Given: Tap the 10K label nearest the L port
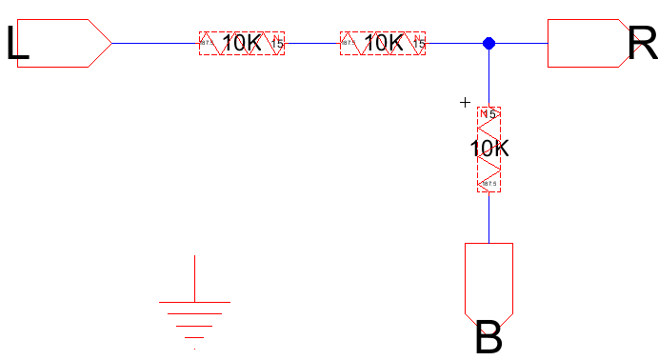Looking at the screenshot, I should click(x=242, y=43).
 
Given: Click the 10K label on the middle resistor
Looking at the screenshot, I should click(x=383, y=43).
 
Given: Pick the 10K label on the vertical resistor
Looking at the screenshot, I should click(x=489, y=149).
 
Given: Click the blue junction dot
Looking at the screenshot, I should click(x=489, y=43).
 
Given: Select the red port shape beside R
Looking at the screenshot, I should click(x=581, y=43).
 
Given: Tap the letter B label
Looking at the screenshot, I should click(x=489, y=338).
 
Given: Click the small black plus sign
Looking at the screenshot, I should click(x=465, y=102).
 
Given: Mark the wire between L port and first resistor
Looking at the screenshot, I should click(x=155, y=43).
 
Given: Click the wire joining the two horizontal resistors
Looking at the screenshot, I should click(x=312, y=43).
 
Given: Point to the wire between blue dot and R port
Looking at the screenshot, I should click(x=520, y=43).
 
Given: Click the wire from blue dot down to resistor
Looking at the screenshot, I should click(x=489, y=76).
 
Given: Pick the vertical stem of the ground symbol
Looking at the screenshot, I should click(x=194, y=277).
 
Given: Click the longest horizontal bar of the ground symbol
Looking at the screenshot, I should click(x=194, y=301).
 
